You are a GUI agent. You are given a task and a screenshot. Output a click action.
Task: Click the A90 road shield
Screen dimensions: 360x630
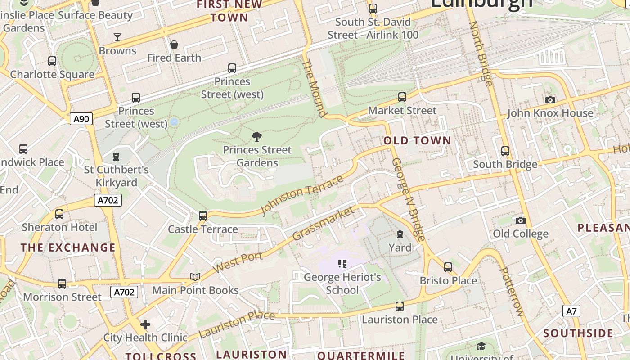(x=81, y=119)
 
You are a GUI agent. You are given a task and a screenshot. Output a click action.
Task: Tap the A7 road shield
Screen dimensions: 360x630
(x=571, y=311)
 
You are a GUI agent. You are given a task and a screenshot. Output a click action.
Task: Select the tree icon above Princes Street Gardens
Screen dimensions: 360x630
(x=257, y=136)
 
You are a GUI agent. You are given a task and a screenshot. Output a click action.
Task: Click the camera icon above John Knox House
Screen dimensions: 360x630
(x=550, y=100)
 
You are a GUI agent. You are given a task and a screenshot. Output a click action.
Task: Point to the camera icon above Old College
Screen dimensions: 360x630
(x=521, y=220)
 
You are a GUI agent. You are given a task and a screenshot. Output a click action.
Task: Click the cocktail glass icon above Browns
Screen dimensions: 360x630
(x=117, y=37)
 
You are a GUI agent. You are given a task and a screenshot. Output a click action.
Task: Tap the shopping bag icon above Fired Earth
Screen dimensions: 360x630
(x=174, y=45)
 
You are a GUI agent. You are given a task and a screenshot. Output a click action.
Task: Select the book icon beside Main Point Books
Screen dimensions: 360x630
(x=195, y=277)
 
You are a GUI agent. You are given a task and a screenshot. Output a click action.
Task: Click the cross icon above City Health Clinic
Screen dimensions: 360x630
(x=145, y=324)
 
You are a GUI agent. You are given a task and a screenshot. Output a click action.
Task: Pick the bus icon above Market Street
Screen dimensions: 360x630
(x=402, y=97)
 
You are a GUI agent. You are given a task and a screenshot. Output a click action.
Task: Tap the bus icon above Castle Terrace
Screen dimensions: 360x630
(x=203, y=216)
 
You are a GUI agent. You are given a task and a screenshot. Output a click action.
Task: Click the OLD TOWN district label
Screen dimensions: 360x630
(x=417, y=140)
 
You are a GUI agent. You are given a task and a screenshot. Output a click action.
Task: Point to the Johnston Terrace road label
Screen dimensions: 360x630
(x=302, y=195)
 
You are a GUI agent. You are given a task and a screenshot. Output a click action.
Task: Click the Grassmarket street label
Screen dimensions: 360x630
(x=323, y=223)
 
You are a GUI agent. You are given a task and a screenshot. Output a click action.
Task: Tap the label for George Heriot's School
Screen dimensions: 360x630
(x=342, y=283)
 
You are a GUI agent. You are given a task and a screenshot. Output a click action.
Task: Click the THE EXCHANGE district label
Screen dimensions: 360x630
(x=68, y=247)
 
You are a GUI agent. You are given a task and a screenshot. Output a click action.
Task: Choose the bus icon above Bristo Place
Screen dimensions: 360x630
(x=448, y=267)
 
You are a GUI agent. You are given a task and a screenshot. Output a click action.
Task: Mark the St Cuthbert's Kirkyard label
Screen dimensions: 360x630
(x=117, y=176)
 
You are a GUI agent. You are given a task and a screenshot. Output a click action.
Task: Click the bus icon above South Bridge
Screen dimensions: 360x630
(x=505, y=151)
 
